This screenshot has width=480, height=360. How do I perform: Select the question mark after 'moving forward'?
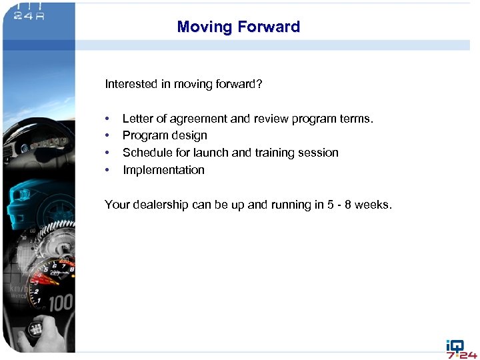coord(260,84)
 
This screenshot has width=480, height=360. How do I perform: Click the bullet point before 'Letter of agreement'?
coord(107,119)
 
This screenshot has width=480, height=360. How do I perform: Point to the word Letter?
coord(137,119)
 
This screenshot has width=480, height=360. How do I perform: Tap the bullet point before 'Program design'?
coord(107,136)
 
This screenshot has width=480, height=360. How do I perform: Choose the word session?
coord(319,153)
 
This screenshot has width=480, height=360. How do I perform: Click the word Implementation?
coord(163,170)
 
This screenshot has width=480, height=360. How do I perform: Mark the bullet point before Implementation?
coord(107,170)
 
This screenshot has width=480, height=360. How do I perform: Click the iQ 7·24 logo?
coord(461,349)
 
